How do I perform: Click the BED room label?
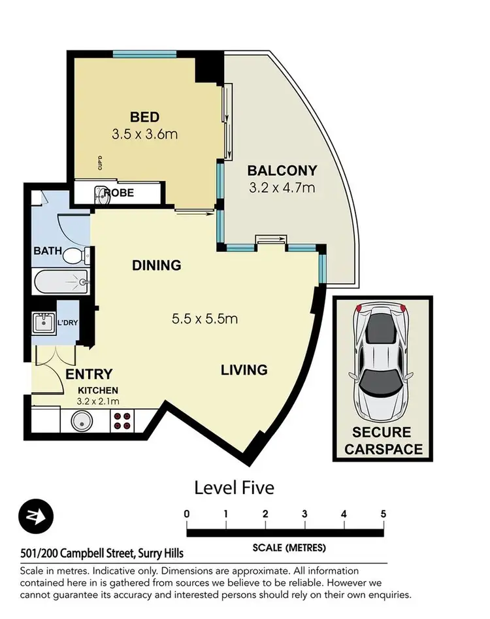[x=144, y=117]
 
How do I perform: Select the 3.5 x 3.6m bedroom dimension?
[x=144, y=135]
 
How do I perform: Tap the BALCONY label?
[x=282, y=171]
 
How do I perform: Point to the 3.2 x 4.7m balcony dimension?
[x=282, y=188]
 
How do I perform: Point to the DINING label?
[x=156, y=265]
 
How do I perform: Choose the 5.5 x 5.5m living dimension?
[x=204, y=320]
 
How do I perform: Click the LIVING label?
[x=244, y=370]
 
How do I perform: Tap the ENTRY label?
[x=90, y=375]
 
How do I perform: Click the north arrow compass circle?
[x=35, y=516]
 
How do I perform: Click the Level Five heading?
[x=234, y=488]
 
